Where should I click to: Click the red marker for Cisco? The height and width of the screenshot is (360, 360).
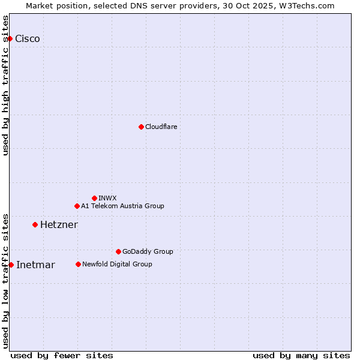click(10, 38)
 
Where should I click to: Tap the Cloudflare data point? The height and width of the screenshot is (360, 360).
click(141, 127)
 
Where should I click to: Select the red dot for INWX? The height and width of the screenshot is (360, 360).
click(94, 198)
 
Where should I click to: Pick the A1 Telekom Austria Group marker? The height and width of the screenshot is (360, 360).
click(77, 206)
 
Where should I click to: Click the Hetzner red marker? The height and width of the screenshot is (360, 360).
click(35, 224)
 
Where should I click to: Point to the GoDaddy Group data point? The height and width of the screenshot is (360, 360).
click(118, 251)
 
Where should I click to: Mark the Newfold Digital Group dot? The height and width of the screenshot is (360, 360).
click(78, 264)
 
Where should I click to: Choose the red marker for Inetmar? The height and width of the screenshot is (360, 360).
click(11, 265)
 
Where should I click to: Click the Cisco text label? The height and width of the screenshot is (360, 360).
click(28, 39)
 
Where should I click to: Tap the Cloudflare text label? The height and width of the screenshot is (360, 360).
click(161, 127)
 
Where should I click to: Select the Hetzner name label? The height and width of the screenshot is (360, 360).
click(59, 225)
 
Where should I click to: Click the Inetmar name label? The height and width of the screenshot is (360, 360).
click(35, 265)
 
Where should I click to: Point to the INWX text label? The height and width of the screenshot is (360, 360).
click(107, 198)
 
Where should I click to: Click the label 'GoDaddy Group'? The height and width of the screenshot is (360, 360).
click(148, 251)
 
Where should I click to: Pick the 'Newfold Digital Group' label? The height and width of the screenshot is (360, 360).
click(117, 264)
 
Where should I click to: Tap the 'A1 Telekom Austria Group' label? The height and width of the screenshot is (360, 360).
click(122, 206)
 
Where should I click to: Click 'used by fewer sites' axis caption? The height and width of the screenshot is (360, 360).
click(62, 355)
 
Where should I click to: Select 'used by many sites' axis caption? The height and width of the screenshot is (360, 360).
click(301, 355)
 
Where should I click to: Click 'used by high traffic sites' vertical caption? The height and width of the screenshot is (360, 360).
click(5, 85)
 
